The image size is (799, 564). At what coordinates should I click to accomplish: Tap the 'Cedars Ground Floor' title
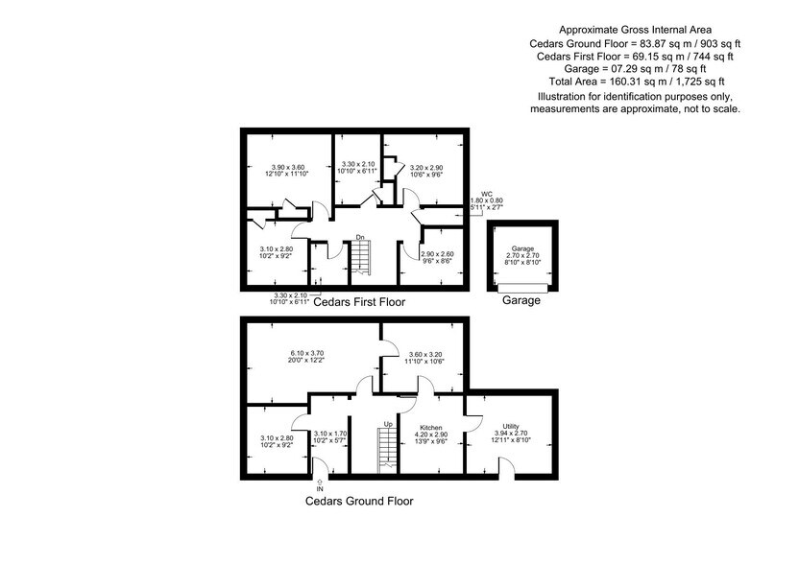point(360,501)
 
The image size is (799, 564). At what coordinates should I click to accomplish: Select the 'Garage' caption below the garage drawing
point(521,300)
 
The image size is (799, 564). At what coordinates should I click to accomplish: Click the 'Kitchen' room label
point(429,426)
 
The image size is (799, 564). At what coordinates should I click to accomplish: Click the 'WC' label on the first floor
point(487,193)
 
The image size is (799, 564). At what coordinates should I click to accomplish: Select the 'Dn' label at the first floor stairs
point(359,237)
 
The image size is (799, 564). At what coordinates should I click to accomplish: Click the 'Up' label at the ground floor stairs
point(388,423)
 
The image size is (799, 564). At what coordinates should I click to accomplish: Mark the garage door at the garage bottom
point(522,287)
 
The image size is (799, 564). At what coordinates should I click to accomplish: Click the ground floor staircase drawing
point(387,449)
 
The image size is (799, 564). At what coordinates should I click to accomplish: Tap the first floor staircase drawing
point(359,258)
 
